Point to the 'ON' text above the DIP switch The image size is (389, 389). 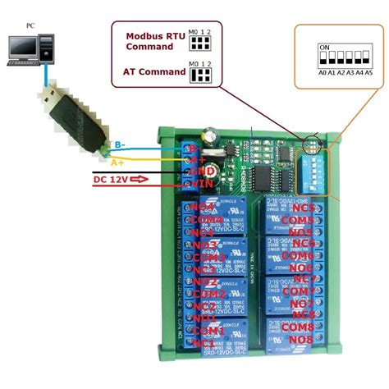[x=324, y=47]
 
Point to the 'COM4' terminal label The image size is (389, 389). [x=208, y=221]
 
